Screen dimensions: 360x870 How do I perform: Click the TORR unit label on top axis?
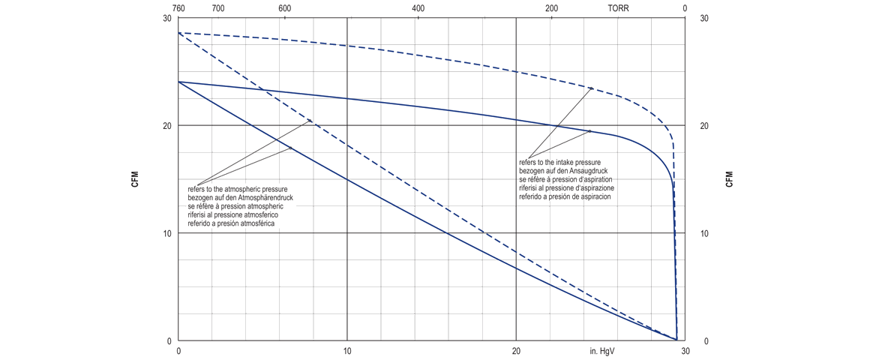tap(619, 8)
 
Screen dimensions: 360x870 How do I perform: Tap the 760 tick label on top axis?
tap(178, 8)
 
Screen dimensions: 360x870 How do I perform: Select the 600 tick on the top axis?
tap(285, 8)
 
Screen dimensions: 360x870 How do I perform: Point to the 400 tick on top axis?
tap(418, 8)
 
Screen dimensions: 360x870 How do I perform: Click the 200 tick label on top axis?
tap(552, 8)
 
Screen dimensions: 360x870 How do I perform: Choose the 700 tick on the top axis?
tap(218, 8)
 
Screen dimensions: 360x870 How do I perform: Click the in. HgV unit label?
tap(604, 350)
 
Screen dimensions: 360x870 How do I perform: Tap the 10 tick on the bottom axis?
tap(347, 350)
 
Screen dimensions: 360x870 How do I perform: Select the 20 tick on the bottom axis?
tap(516, 350)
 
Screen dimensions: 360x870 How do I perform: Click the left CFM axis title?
tap(135, 179)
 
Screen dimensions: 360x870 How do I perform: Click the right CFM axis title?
tap(729, 179)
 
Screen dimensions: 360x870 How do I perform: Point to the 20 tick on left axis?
tap(167, 125)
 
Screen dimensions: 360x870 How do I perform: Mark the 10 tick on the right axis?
tap(704, 233)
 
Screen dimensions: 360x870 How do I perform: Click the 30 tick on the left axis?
tap(167, 18)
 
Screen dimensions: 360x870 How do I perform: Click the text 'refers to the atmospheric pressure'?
tap(237, 188)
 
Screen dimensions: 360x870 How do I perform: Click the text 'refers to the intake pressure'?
tap(559, 162)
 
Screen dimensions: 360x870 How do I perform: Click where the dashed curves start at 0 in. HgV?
tap(178, 33)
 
